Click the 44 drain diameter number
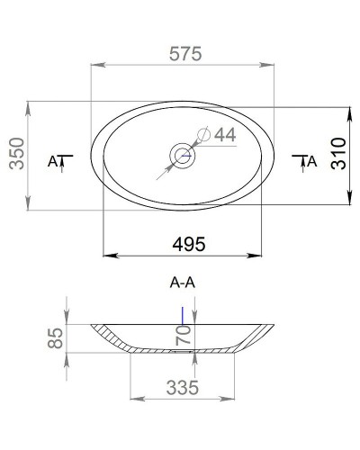[223, 134]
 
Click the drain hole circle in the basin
[184, 155]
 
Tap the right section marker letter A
[311, 162]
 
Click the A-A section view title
[183, 282]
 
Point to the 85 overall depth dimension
[55, 338]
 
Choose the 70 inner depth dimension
[184, 337]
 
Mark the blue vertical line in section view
[184, 314]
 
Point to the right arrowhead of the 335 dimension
[233, 397]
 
